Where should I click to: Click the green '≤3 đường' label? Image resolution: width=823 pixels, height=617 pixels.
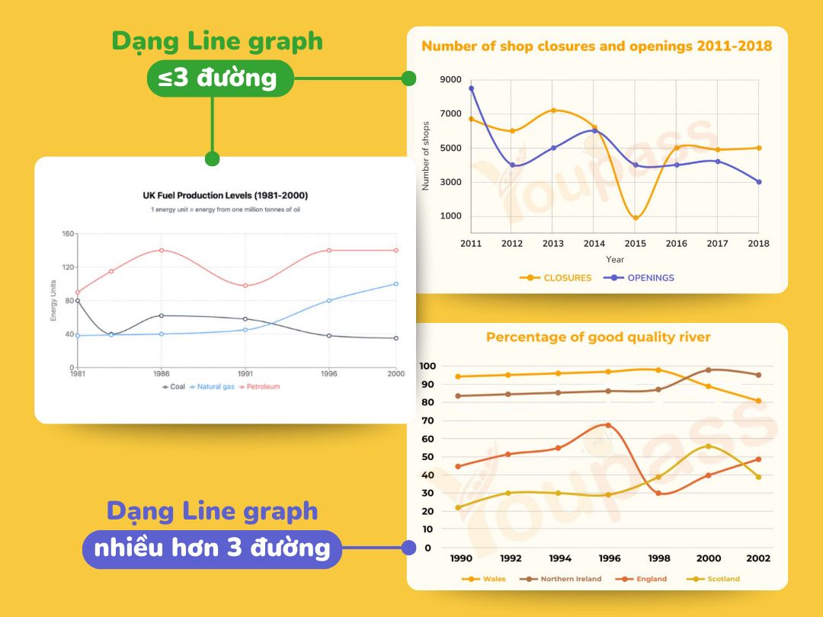[220, 78]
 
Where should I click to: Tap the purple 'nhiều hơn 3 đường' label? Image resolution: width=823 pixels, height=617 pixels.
[212, 548]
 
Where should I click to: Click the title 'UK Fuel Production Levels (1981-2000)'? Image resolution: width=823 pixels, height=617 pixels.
[226, 196]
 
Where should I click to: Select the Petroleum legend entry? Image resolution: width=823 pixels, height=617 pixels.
[259, 387]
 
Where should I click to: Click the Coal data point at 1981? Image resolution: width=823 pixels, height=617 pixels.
[77, 301]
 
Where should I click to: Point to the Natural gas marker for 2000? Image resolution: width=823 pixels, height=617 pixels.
[395, 284]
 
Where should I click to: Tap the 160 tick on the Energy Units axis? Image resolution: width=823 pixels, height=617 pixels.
[68, 234]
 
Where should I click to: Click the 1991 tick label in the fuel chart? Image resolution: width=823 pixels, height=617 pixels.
[245, 375]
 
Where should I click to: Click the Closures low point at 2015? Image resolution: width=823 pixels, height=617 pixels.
[636, 218]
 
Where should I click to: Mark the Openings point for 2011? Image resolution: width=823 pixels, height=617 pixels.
[471, 88]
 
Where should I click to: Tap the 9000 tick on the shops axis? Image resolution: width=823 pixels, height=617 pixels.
[450, 80]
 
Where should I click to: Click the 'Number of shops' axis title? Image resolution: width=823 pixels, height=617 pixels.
[426, 156]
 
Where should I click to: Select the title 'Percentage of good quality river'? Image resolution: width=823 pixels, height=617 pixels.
[598, 337]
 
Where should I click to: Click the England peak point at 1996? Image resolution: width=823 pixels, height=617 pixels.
[607, 425]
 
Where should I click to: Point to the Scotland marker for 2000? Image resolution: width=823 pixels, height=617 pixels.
[708, 446]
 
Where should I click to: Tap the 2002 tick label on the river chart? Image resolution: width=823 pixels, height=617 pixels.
[757, 558]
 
